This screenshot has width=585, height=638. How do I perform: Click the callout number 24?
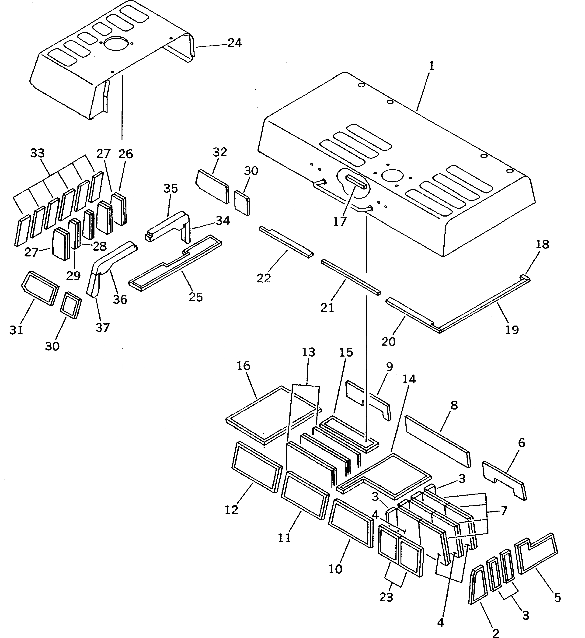235,43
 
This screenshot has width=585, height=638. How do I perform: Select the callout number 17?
340,222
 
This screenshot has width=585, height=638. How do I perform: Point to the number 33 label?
37,153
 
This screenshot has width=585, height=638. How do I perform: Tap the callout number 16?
244,366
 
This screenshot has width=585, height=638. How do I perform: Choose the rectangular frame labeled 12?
257,467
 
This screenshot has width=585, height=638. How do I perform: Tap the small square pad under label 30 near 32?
242,203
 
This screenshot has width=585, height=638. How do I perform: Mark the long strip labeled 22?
286,242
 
